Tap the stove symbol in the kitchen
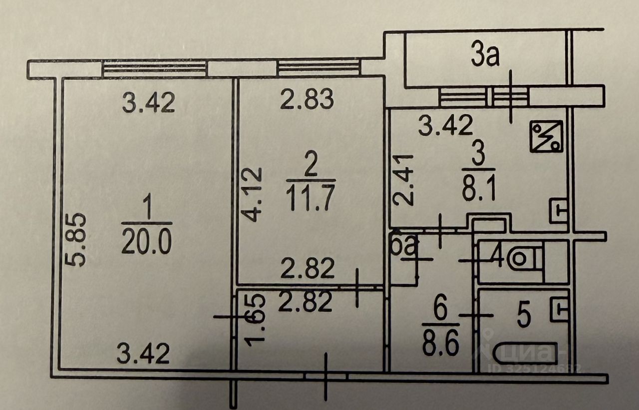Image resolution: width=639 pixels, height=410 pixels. (547, 136)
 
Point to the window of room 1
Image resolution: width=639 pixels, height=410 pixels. (155, 67)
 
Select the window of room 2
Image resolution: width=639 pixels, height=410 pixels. (319, 66)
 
